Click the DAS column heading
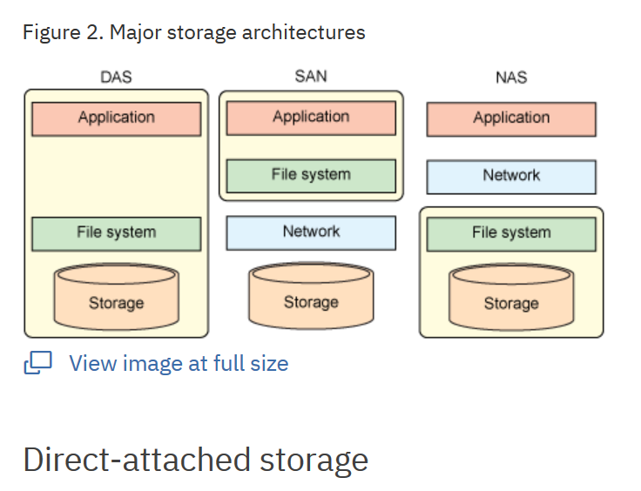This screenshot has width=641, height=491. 116,77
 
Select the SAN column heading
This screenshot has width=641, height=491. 311,77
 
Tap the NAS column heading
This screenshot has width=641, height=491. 511,77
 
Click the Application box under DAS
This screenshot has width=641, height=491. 116,118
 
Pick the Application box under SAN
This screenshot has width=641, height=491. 311,118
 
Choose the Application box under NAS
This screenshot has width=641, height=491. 511,119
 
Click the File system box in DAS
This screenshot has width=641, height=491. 116,233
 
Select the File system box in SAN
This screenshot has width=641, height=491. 311,176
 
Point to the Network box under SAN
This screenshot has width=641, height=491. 311,232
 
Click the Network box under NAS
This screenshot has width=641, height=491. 511,177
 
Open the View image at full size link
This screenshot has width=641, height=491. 179,363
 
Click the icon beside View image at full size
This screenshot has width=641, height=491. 38,363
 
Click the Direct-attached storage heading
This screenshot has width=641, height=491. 196,459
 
